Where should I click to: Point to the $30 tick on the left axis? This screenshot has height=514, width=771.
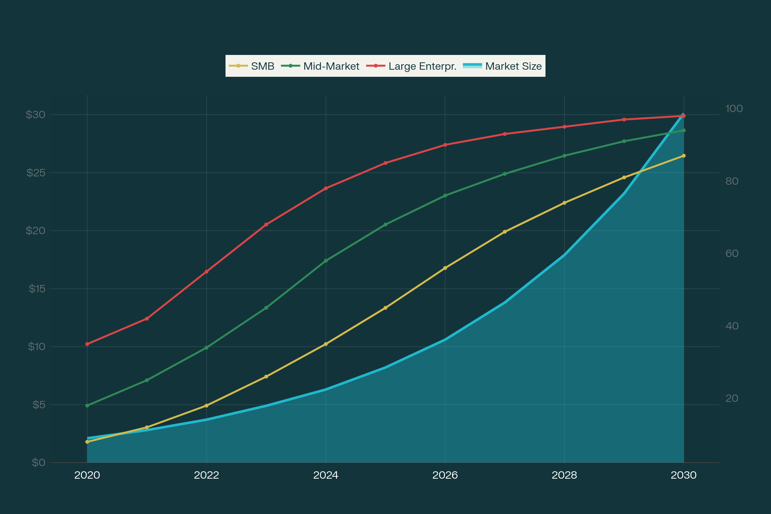click(x=35, y=115)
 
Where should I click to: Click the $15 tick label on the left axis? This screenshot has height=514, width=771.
click(x=37, y=289)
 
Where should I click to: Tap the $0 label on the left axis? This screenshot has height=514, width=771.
click(x=38, y=463)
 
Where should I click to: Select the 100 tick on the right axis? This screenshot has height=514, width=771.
click(x=734, y=109)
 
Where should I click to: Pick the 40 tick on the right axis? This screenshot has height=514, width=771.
click(x=732, y=326)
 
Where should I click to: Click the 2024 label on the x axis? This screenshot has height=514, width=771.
click(x=325, y=475)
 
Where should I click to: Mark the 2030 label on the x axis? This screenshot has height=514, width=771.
click(x=684, y=475)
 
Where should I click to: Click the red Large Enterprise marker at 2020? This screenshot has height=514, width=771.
click(x=87, y=344)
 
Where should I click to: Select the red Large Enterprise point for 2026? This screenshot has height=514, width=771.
click(x=445, y=145)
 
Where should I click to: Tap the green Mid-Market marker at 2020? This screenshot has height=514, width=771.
click(x=87, y=405)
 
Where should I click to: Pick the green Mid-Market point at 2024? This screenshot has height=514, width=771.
click(x=326, y=261)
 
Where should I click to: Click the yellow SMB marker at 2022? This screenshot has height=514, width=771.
click(x=207, y=405)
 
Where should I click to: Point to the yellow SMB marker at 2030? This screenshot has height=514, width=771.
click(x=684, y=156)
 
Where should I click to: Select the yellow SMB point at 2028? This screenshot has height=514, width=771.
click(x=564, y=203)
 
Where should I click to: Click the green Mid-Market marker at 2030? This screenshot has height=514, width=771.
click(x=684, y=130)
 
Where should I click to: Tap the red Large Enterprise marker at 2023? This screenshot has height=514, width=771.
click(x=266, y=225)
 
